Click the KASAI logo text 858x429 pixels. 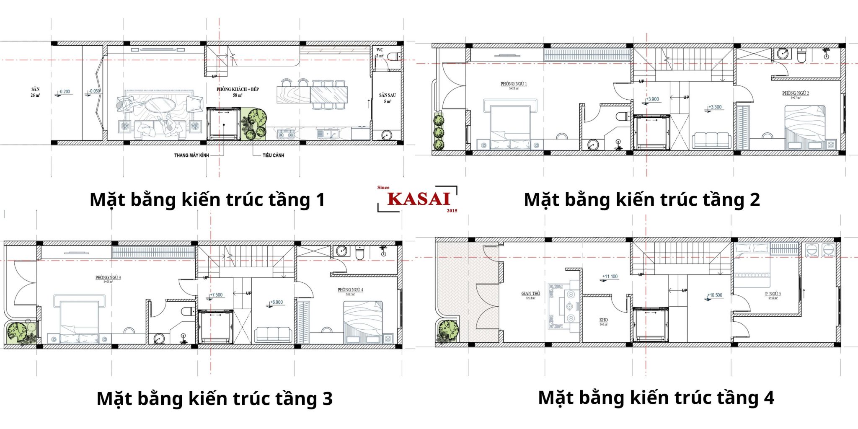419,199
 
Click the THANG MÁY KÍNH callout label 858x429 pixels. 191,155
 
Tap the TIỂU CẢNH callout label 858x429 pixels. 273,155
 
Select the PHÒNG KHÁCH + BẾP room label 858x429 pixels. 238,89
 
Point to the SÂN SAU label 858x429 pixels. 387,96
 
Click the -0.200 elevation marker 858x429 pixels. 65,92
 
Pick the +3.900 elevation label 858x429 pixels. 652,99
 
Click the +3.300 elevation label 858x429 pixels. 715,107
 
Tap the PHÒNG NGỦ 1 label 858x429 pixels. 514,84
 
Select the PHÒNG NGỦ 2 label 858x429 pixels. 795,93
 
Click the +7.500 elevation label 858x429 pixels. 216,295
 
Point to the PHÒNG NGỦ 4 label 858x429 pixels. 350,290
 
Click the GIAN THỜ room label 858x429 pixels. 530,294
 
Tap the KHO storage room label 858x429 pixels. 603,320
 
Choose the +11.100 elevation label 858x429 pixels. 610,277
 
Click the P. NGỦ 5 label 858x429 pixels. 773,294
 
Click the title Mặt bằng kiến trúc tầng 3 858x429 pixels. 214,398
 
